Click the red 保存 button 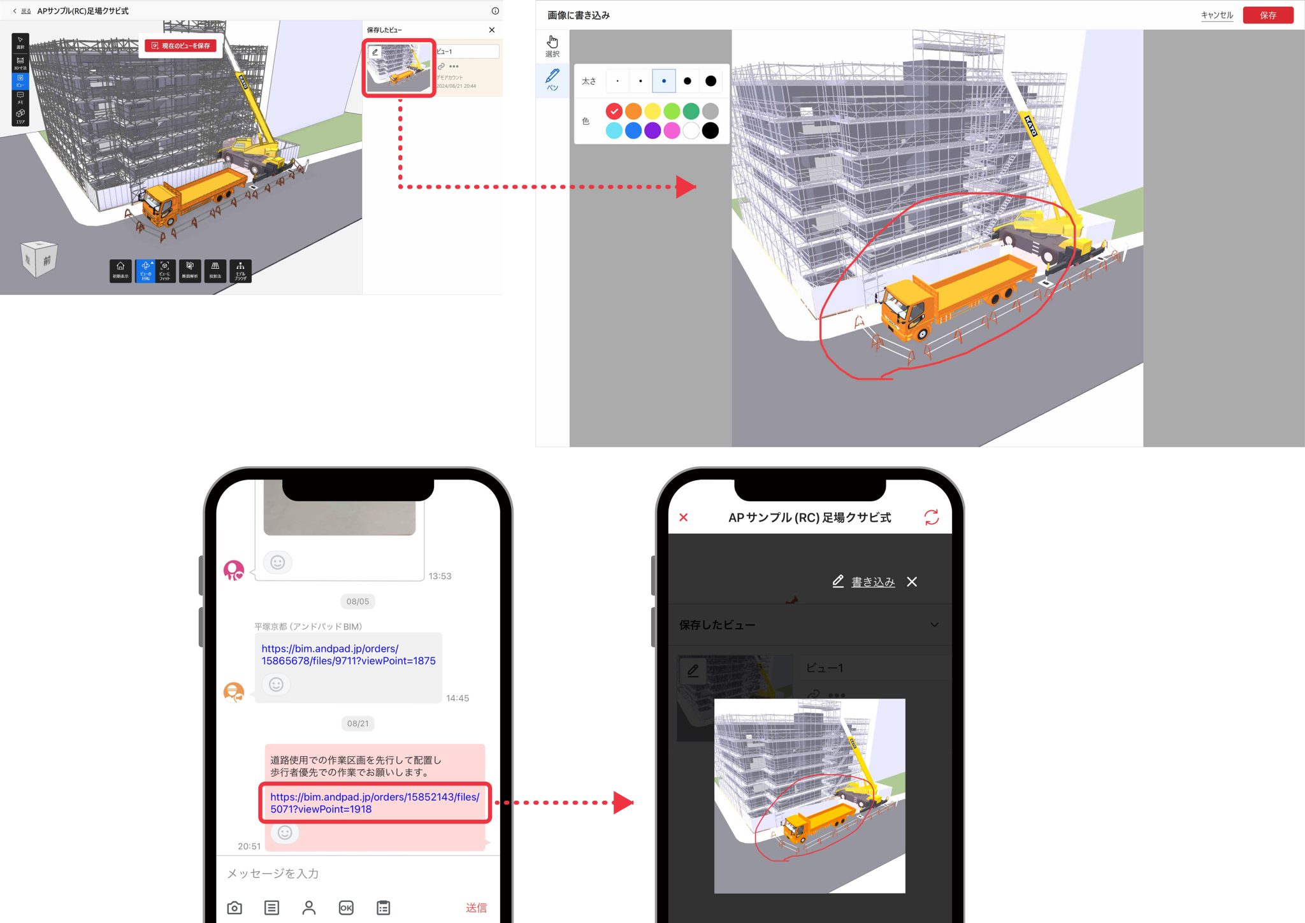coord(1267,15)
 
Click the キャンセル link coord(1216,15)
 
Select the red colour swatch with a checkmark coord(614,111)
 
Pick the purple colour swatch coord(652,131)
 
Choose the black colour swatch coord(710,131)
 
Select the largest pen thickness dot coord(710,81)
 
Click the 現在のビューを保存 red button coord(181,46)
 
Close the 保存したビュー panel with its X coord(492,30)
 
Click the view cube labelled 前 coord(40,259)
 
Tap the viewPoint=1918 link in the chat coord(374,803)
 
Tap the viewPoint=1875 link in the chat coord(348,655)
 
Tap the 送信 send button coord(476,908)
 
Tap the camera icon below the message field coord(234,908)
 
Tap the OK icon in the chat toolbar coord(346,908)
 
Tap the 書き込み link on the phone coord(872,582)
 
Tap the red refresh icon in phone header coord(932,517)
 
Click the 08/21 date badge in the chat coord(357,724)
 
